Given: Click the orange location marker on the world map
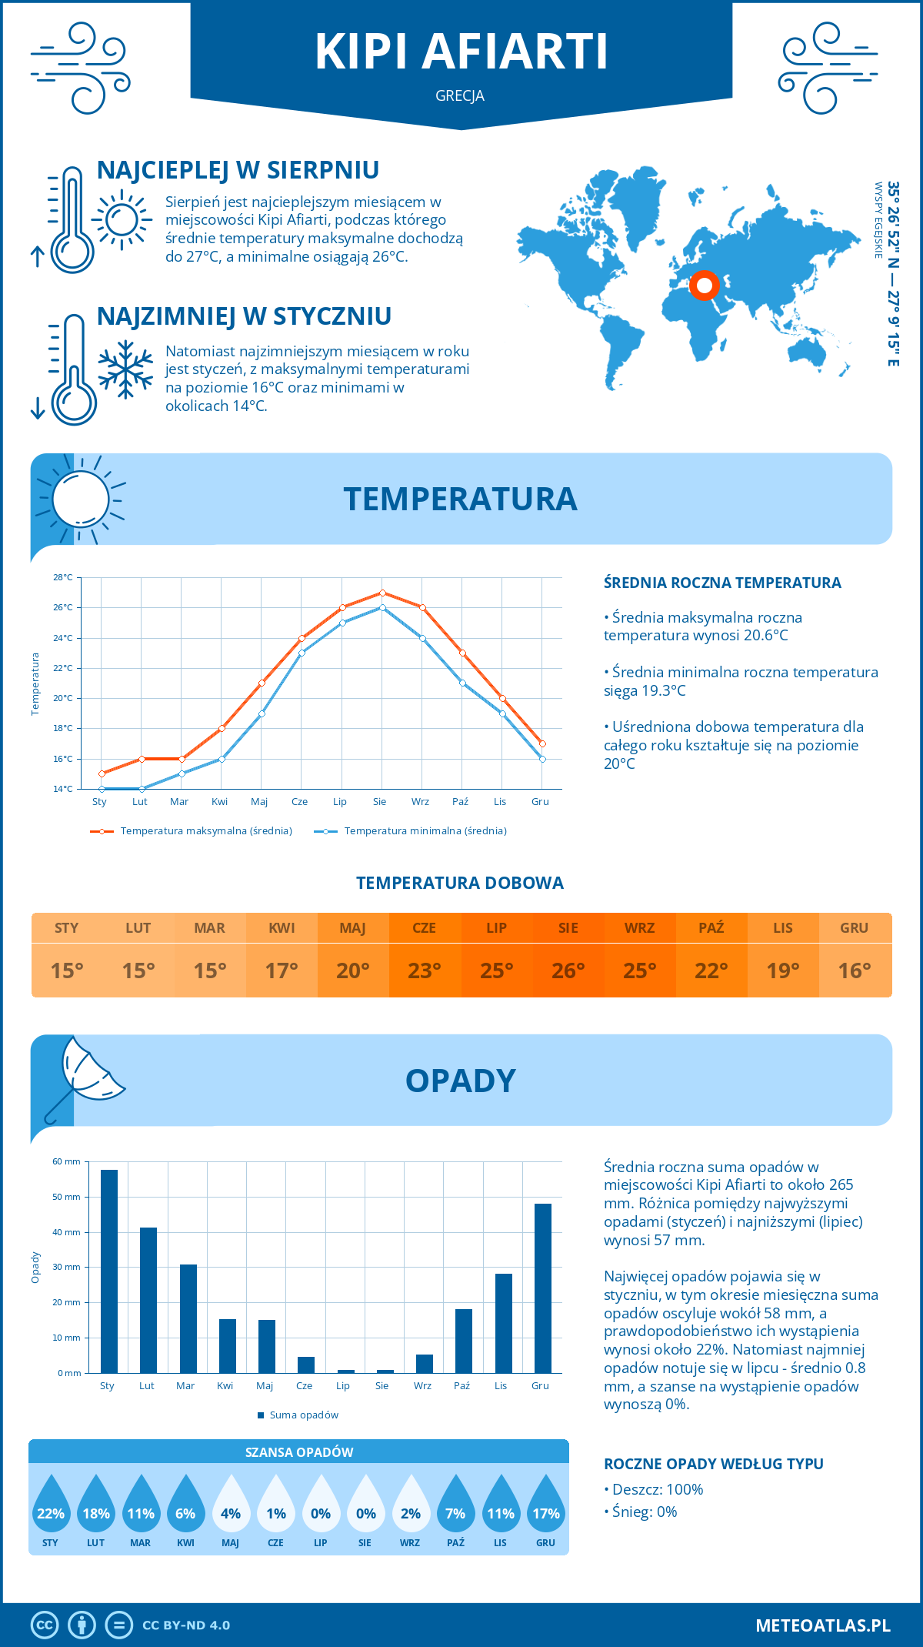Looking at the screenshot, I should [704, 286].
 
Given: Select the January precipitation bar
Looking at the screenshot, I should [109, 1271].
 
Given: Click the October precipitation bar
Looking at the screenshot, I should [464, 1341].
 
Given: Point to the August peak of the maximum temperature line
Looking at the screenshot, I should [382, 593].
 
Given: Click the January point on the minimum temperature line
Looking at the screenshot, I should [102, 789].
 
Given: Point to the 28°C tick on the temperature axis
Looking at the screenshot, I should [63, 577].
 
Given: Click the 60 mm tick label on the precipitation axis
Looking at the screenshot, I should [66, 1161].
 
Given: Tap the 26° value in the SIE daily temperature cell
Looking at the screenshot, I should [568, 970].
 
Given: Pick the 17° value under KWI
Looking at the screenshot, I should [282, 970].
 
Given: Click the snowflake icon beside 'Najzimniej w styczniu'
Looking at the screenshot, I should [125, 369].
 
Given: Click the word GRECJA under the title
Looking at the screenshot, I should [460, 96].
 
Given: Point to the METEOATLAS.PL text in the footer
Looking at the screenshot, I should [823, 1625].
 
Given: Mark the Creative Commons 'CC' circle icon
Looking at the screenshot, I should [45, 1625].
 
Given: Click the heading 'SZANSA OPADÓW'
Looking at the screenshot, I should [299, 1452].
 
